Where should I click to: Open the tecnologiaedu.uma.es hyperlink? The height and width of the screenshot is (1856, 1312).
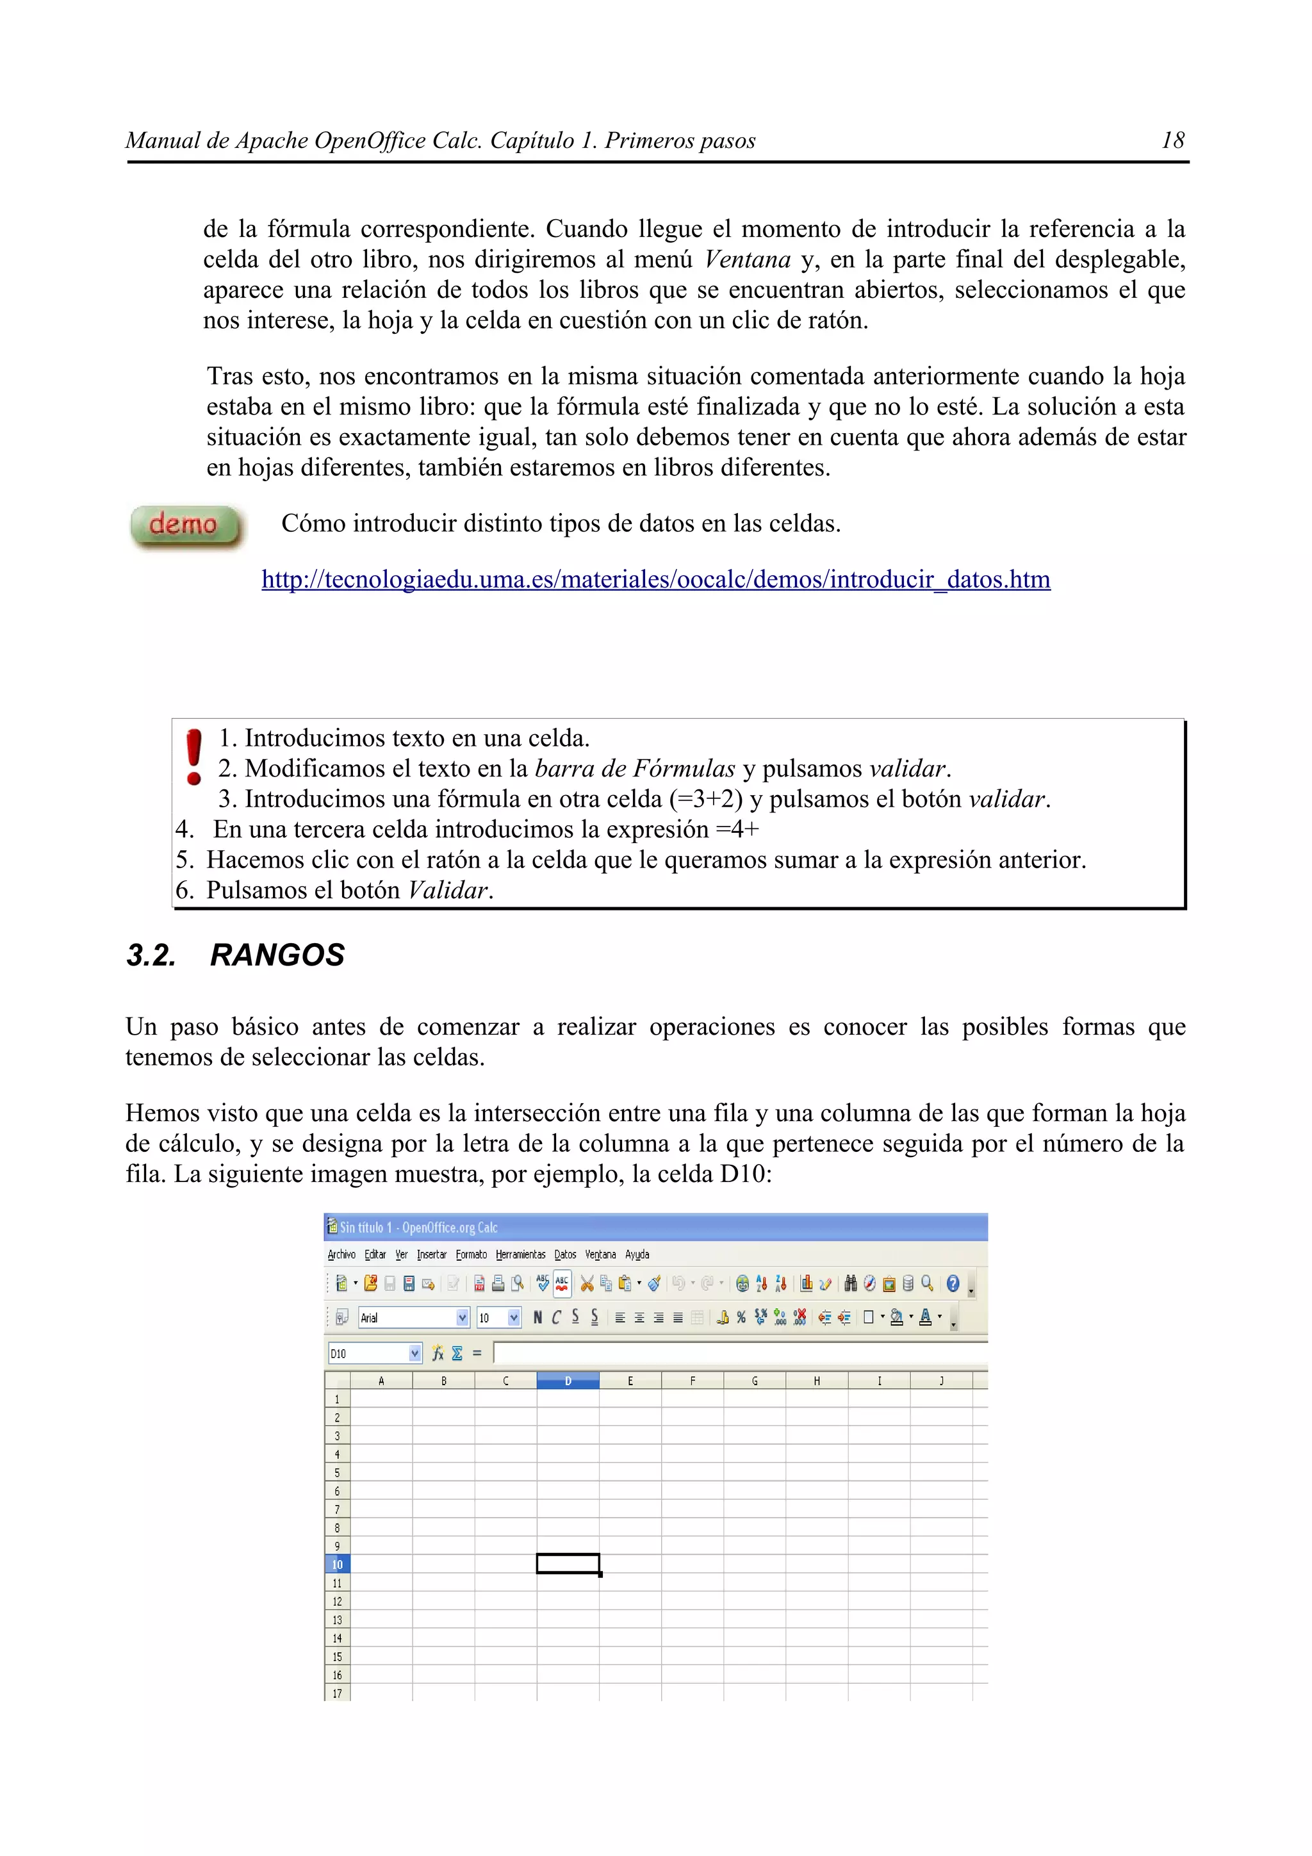(655, 580)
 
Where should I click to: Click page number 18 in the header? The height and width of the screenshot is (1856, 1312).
(1172, 141)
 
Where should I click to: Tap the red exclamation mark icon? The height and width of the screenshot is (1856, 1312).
(194, 756)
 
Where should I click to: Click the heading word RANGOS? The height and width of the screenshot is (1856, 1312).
(277, 955)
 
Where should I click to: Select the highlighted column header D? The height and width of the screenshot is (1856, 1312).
(568, 1381)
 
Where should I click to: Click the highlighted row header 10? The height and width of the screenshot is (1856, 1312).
(337, 1564)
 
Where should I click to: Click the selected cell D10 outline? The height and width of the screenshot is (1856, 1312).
(568, 1563)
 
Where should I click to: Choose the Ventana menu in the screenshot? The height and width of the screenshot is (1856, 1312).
(600, 1254)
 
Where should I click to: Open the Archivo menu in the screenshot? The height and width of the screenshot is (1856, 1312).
(341, 1254)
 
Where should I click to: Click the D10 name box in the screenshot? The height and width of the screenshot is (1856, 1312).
(368, 1353)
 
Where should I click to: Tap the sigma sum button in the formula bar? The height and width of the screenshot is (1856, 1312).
(457, 1353)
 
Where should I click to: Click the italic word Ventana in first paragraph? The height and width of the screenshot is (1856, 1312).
(747, 259)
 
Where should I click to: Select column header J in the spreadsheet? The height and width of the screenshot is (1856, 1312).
(941, 1381)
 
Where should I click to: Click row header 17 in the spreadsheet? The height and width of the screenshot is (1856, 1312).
(337, 1693)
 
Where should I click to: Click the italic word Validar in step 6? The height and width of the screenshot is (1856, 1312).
(448, 890)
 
